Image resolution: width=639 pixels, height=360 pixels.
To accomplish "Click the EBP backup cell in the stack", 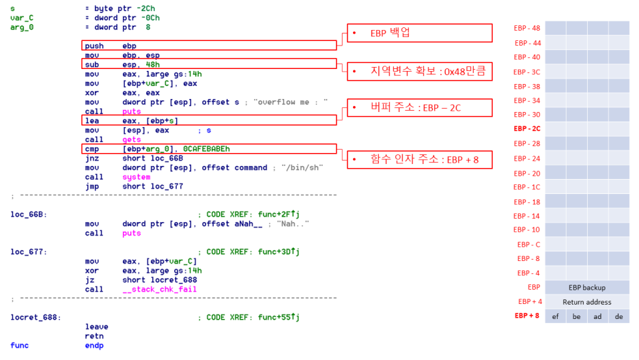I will coord(586,288).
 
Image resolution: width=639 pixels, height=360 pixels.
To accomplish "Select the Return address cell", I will coord(586,302).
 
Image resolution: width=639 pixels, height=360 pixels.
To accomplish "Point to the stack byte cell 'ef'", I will coord(555,316).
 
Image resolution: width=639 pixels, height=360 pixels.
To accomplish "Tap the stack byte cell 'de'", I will coord(619,316).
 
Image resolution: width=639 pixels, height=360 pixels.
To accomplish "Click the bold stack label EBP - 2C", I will coord(526,128).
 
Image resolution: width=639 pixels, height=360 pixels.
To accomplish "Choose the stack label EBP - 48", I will coord(526,28).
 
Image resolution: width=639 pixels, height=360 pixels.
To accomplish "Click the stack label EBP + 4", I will coord(530,301).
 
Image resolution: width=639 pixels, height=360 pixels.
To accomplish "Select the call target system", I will coord(137,177).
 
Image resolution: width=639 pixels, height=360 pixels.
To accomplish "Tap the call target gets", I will coord(131,139).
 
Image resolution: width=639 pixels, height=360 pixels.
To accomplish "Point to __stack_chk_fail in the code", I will coord(160,290).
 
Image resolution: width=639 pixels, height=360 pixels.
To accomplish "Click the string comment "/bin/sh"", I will coord(304,167).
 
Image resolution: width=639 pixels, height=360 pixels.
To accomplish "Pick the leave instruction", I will coord(97,327).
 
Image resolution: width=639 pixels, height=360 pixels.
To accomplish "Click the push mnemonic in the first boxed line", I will coord(95,46).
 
